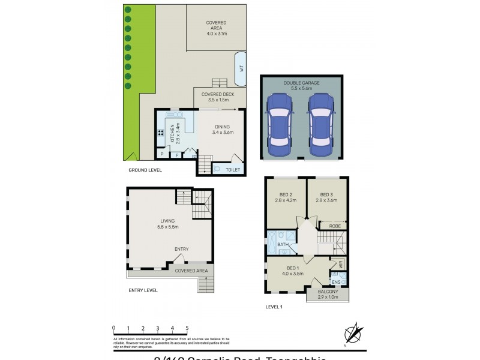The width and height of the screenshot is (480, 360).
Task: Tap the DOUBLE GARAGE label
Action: click(x=301, y=82)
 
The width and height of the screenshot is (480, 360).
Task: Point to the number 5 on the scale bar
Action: click(x=187, y=328)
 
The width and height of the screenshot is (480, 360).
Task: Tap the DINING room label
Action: click(x=222, y=127)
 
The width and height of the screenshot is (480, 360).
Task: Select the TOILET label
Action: click(x=233, y=170)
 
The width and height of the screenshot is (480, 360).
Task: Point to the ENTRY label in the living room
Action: click(x=182, y=249)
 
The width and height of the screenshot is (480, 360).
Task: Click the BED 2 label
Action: click(x=286, y=194)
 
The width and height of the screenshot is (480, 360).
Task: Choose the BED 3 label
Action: click(x=326, y=194)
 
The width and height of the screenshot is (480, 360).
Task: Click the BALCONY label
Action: click(x=328, y=292)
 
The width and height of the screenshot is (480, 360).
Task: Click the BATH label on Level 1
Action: click(x=283, y=244)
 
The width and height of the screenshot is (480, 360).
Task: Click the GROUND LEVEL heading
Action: click(x=145, y=170)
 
